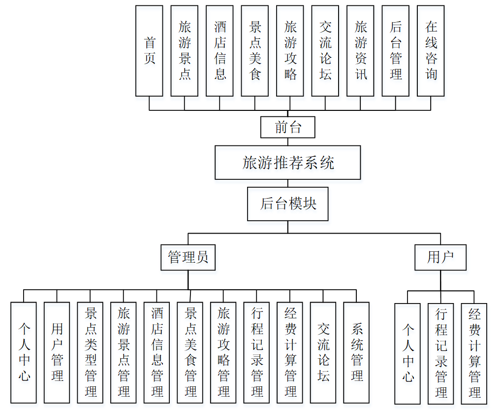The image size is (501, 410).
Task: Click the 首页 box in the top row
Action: click(x=149, y=51)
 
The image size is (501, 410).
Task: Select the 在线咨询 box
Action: click(x=431, y=51)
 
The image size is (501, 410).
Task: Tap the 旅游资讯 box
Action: click(x=360, y=51)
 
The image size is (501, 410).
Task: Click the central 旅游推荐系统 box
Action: click(x=288, y=162)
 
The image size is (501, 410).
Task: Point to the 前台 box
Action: click(x=288, y=127)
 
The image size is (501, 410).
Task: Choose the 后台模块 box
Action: click(x=288, y=204)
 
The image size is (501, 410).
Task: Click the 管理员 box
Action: click(x=188, y=257)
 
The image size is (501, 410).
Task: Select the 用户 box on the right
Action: click(x=440, y=257)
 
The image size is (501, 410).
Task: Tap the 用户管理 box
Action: click(x=57, y=352)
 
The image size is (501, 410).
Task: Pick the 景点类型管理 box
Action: click(x=90, y=352)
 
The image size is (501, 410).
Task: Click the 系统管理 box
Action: click(x=356, y=352)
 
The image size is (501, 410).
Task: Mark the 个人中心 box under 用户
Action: click(x=407, y=353)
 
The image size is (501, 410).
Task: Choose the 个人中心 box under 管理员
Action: click(x=24, y=352)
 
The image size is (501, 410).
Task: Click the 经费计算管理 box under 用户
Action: click(x=474, y=353)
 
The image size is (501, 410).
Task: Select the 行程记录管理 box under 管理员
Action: click(x=256, y=352)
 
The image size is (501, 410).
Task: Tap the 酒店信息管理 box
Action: click(x=157, y=352)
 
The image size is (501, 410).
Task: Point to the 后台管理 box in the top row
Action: click(x=396, y=51)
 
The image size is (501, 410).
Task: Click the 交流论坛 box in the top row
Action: click(x=325, y=51)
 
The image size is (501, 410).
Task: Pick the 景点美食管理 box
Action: click(x=190, y=352)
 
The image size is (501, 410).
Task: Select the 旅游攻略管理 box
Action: click(x=223, y=352)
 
